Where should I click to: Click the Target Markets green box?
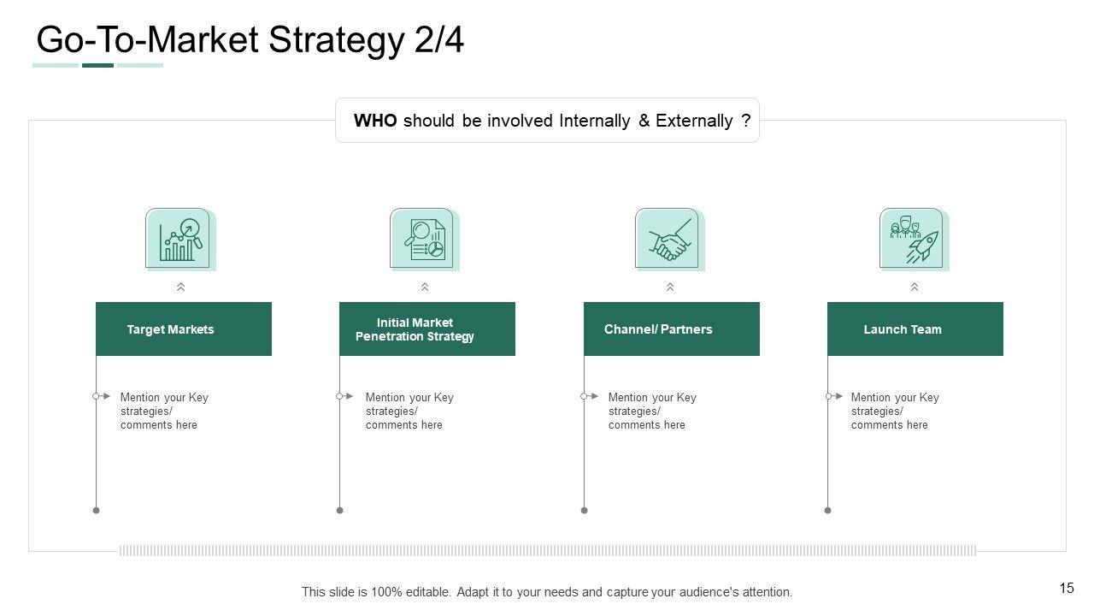click(184, 329)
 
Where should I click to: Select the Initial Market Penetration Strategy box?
click(427, 329)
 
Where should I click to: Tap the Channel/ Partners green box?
click(672, 329)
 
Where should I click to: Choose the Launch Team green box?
click(915, 329)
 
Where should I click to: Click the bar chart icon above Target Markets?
click(180, 239)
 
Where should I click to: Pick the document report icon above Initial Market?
click(425, 239)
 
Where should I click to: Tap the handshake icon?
click(669, 239)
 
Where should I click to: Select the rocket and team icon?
click(915, 239)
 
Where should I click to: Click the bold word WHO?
click(375, 121)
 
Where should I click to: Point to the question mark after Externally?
click(746, 121)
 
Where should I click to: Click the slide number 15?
click(1067, 588)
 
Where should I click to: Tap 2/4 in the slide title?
click(439, 39)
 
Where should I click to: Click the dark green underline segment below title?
click(97, 66)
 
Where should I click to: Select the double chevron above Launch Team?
click(915, 287)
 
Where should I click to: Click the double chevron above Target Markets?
click(180, 287)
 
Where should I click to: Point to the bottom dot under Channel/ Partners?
click(584, 511)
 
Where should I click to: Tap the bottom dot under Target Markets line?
click(97, 511)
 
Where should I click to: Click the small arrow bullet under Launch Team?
click(835, 396)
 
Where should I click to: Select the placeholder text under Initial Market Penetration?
click(409, 412)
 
